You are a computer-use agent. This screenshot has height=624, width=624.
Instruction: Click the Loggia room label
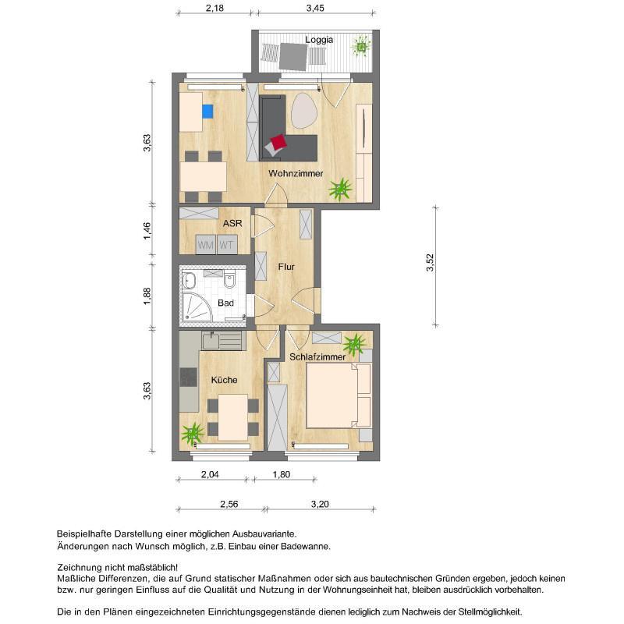coord(319,40)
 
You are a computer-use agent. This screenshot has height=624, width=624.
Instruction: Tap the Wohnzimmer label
coord(296,173)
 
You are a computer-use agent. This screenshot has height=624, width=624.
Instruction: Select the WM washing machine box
coord(205,245)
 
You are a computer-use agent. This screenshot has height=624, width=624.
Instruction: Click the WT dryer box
coord(226,245)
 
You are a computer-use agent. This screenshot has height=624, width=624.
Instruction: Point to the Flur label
coord(285,267)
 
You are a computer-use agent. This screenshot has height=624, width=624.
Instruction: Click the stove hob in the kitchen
coord(189,377)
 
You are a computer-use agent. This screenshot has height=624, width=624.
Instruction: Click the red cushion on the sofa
coord(277,144)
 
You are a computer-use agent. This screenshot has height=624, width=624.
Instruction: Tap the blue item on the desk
coord(207,111)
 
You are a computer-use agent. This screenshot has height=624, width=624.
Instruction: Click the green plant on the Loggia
coord(362,48)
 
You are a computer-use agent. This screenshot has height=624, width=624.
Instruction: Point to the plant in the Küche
coord(192,431)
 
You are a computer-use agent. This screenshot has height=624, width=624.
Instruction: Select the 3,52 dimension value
coord(429,265)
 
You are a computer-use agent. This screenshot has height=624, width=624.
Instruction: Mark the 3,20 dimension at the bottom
coord(318,504)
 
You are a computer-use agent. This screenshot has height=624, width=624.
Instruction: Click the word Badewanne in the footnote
coord(305,547)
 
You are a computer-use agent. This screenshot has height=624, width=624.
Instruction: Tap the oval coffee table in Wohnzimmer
coord(305,111)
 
